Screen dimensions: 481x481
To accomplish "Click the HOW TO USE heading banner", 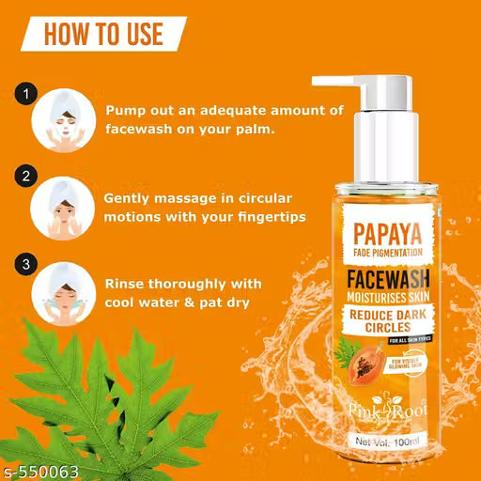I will point(103,35).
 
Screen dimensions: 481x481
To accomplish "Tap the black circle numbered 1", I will point(26,95).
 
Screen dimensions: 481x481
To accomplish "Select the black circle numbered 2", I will point(26,176).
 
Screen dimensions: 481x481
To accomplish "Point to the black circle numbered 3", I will point(26,262).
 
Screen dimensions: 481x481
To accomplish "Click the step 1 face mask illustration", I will point(60,122).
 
